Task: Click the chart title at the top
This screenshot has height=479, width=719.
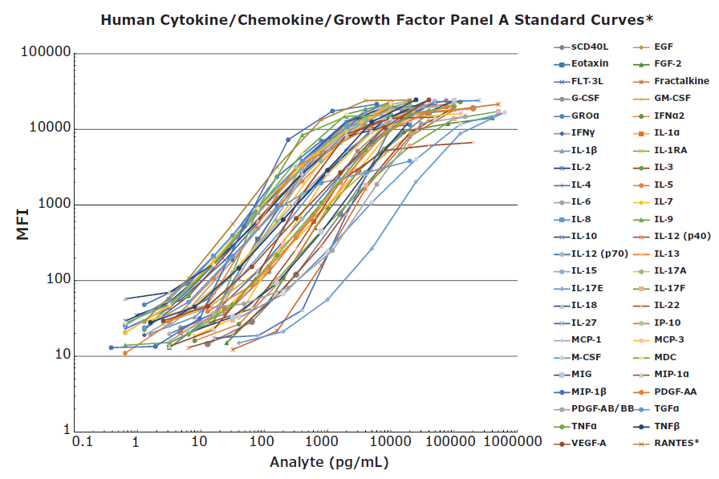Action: pyautogui.click(x=359, y=19)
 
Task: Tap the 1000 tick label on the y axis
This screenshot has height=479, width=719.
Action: pyautogui.click(x=50, y=205)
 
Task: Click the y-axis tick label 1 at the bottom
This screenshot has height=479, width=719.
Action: pyautogui.click(x=63, y=432)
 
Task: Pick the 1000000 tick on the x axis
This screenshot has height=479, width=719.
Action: pyautogui.click(x=512, y=442)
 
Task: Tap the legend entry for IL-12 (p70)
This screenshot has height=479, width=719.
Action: pyautogui.click(x=598, y=254)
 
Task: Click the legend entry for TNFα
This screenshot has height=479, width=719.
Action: pyautogui.click(x=585, y=426)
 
